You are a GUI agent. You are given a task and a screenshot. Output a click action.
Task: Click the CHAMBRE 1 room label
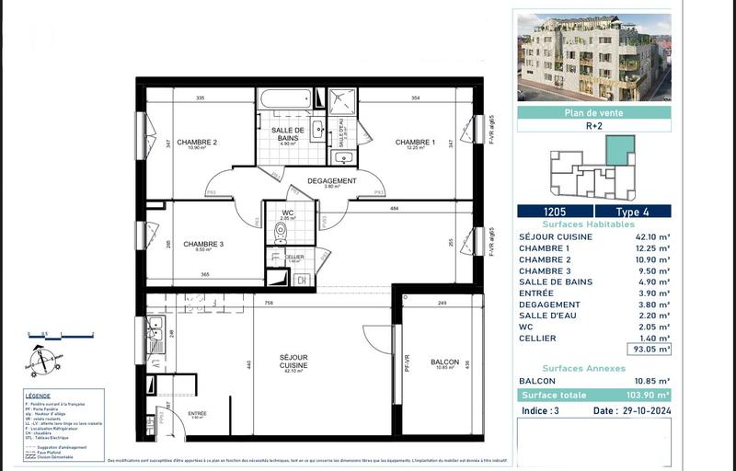click(x=415, y=143)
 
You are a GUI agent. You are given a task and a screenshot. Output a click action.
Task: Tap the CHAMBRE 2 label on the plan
click(x=197, y=143)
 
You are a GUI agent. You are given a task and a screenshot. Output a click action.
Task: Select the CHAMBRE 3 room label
click(x=202, y=244)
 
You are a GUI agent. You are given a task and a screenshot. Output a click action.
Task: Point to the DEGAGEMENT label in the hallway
click(x=331, y=181)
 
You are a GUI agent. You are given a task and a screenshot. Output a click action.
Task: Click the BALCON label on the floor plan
click(x=444, y=362)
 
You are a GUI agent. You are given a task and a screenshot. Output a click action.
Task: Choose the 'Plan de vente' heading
click(x=593, y=113)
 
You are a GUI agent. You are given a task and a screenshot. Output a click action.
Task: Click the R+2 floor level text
click(x=593, y=129)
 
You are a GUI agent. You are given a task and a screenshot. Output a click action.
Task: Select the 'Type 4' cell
click(x=632, y=212)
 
